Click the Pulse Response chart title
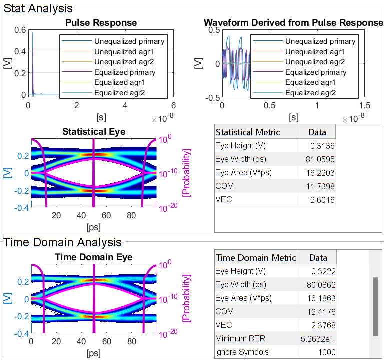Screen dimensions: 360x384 [101, 23]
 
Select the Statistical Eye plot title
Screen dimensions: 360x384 [94, 132]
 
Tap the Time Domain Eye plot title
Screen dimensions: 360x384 [94, 257]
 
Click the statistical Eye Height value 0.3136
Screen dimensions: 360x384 [324, 146]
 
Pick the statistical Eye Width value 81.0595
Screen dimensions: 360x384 [321, 159]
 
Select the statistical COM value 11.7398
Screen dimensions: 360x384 [321, 186]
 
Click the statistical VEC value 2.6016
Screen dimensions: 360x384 [324, 200]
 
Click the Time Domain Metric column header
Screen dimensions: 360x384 [256, 258]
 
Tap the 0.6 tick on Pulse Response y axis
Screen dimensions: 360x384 [20, 30]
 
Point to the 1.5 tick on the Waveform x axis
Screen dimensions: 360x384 [365, 106]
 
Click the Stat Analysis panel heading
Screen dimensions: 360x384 [38, 8]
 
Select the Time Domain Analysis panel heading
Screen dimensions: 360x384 [62, 242]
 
